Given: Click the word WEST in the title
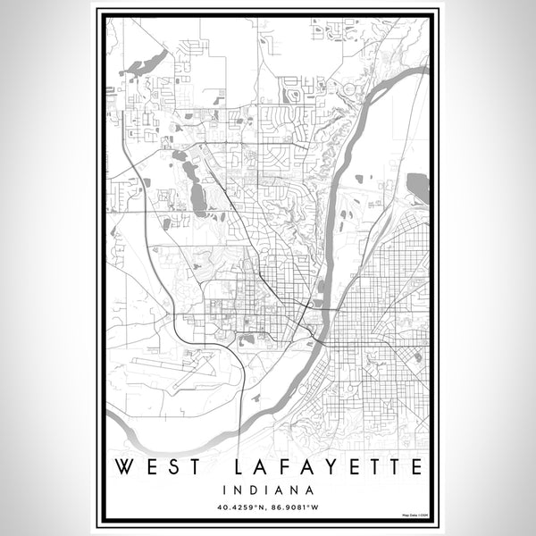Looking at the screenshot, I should [x=157, y=467].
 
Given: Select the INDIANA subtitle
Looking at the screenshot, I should [x=268, y=490].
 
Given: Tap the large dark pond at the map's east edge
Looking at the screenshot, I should [x=417, y=188].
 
